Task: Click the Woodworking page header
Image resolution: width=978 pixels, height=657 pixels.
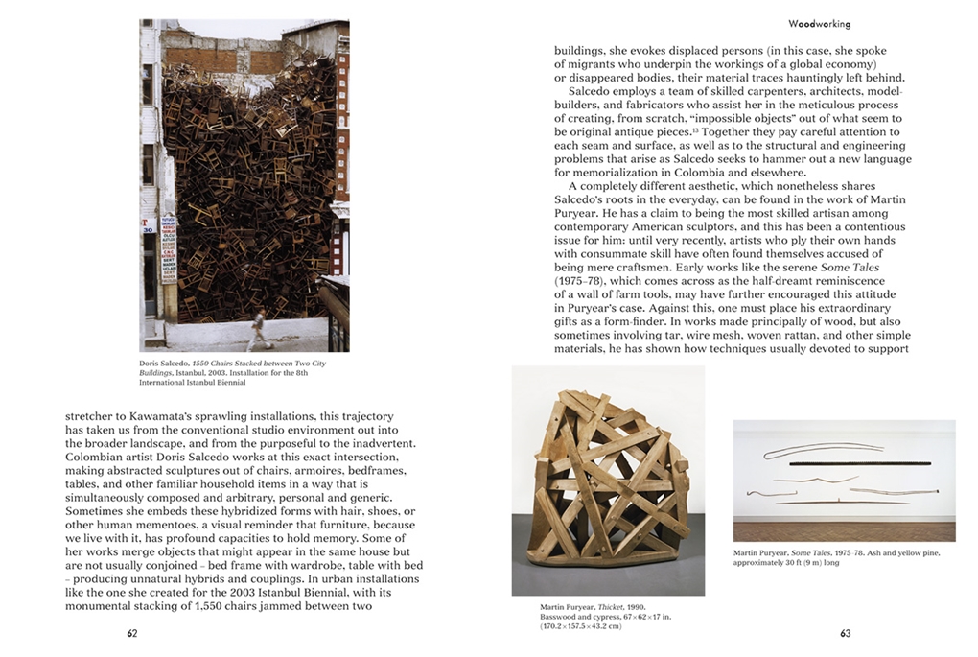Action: point(819,23)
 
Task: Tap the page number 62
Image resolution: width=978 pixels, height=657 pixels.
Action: point(132,633)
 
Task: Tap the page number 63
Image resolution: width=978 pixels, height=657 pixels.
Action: point(845,633)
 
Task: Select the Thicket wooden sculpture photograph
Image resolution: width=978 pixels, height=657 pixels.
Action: point(608,480)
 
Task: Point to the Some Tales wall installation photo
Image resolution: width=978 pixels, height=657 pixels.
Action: point(844,480)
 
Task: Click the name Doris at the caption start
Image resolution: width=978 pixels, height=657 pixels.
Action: point(151,364)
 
